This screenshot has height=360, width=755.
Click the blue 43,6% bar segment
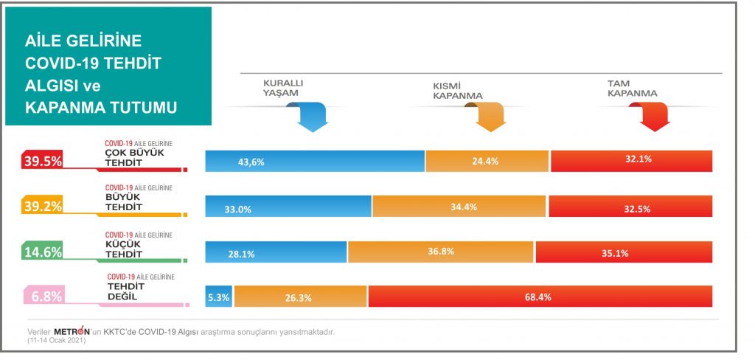tap(315, 161)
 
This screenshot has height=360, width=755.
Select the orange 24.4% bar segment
tap(487, 161)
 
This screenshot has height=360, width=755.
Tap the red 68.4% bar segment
tap(540, 297)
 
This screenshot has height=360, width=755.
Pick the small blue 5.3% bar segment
tap(219, 297)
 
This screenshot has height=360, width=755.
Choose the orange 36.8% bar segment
tap(441, 252)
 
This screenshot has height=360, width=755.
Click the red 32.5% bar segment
tap(630, 207)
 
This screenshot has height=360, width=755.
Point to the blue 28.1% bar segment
tap(276, 252)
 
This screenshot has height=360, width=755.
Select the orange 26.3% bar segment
tap(300, 297)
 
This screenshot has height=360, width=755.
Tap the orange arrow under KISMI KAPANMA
tap(487, 117)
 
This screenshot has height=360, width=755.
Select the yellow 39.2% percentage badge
tap(44, 207)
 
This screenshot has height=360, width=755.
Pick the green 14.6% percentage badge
tap(44, 252)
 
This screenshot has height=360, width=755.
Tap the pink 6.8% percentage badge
tap(44, 297)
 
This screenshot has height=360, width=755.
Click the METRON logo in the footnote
tap(72, 330)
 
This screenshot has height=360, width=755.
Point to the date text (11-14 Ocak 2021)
tap(56, 340)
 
